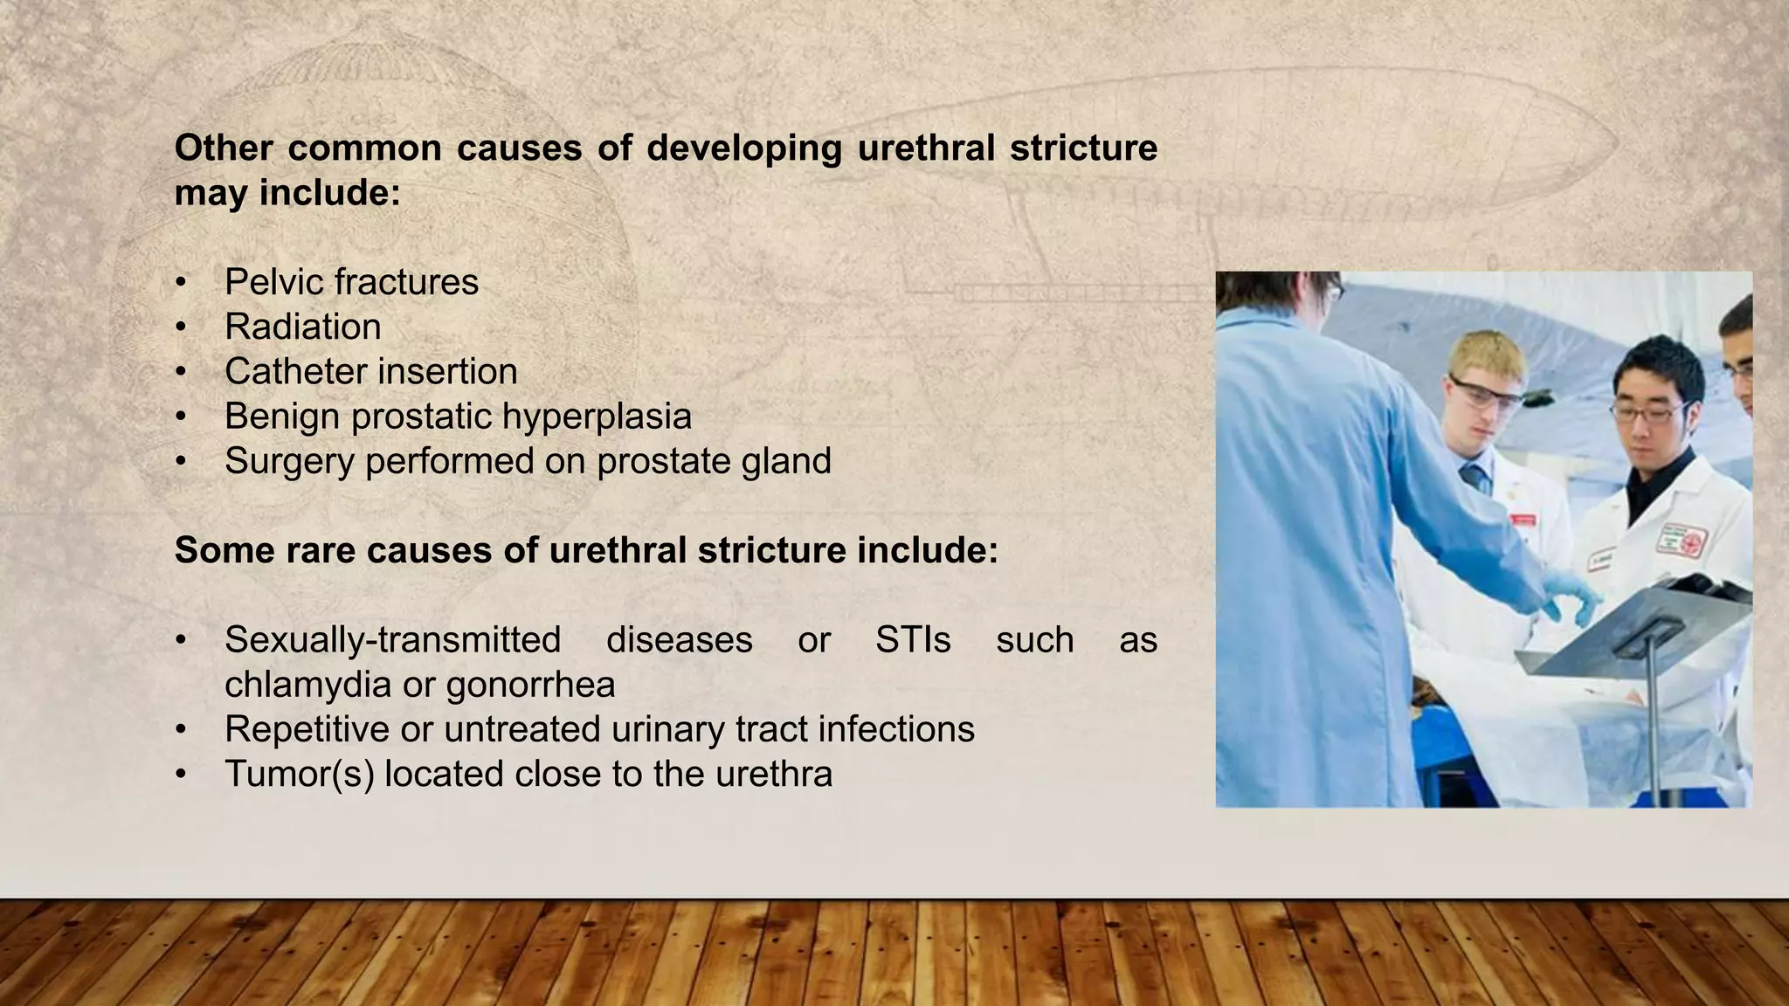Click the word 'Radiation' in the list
[x=302, y=327]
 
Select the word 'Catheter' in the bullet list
[x=284, y=372]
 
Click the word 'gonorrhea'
[x=530, y=685]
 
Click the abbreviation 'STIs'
[x=913, y=640]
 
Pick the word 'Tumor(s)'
[x=299, y=775]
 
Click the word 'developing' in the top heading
[x=743, y=148]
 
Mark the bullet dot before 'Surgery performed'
[x=181, y=462]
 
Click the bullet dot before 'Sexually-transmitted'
[x=181, y=641]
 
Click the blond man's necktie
[x=1475, y=478]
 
